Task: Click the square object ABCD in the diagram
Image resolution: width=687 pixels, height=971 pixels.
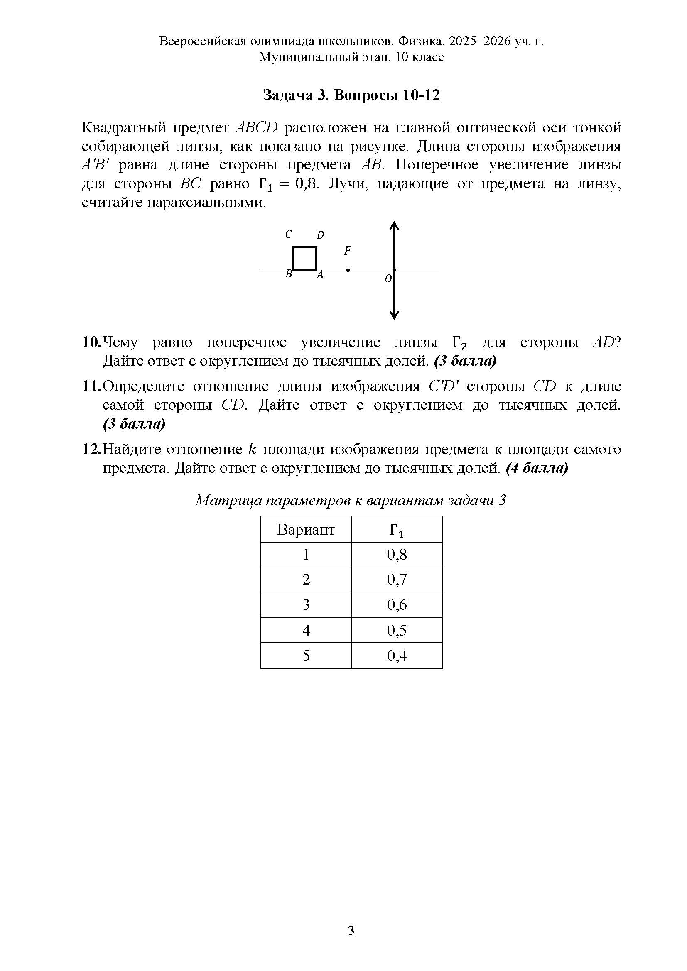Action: pyautogui.click(x=304, y=258)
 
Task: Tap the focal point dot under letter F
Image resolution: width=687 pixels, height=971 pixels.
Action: pyautogui.click(x=348, y=270)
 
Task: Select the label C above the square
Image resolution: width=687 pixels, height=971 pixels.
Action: pyautogui.click(x=288, y=234)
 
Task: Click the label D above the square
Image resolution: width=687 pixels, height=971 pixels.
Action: pyautogui.click(x=320, y=235)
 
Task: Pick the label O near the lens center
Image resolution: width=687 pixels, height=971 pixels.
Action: pyautogui.click(x=388, y=279)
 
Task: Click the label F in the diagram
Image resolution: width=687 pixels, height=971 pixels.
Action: pyautogui.click(x=347, y=251)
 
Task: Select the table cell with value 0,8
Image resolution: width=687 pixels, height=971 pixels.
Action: pyautogui.click(x=397, y=555)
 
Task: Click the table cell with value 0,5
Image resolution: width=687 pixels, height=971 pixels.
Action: pyautogui.click(x=397, y=630)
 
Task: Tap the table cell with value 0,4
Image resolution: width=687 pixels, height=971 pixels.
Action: pyautogui.click(x=397, y=655)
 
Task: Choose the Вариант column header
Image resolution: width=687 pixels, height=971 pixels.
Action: pyautogui.click(x=306, y=529)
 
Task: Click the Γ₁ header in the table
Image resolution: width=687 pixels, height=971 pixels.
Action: pyautogui.click(x=397, y=530)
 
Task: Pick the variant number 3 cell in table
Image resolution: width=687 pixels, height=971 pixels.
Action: pyautogui.click(x=306, y=605)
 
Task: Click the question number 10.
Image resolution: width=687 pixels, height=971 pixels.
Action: pyautogui.click(x=91, y=342)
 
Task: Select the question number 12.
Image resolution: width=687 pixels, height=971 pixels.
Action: pyautogui.click(x=91, y=449)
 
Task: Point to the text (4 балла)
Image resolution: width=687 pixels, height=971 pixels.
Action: pyautogui.click(x=536, y=468)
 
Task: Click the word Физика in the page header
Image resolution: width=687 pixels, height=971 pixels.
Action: pyautogui.click(x=421, y=41)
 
